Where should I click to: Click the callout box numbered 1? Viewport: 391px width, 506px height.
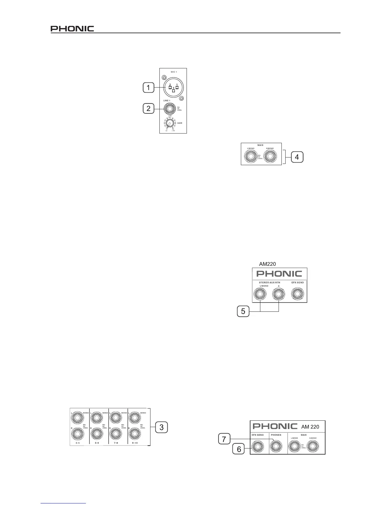pos(149,88)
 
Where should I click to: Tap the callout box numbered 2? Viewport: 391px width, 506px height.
pos(149,109)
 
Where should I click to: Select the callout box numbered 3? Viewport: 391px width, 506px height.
pos(162,427)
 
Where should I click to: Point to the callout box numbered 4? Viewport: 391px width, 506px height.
pos(297,157)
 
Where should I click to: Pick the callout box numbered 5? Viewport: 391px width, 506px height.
pos(243,311)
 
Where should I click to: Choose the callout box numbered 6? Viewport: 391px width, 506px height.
pos(239,449)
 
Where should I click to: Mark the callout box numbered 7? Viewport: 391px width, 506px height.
pos(224,440)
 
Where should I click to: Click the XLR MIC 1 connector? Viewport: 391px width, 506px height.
pos(173,87)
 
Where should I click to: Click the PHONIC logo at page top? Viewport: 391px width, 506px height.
pos(72,29)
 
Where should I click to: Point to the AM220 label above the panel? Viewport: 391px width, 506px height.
pos(267,264)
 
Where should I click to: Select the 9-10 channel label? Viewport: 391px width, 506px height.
pos(134,443)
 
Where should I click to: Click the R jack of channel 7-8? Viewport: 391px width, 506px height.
pos(116,433)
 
